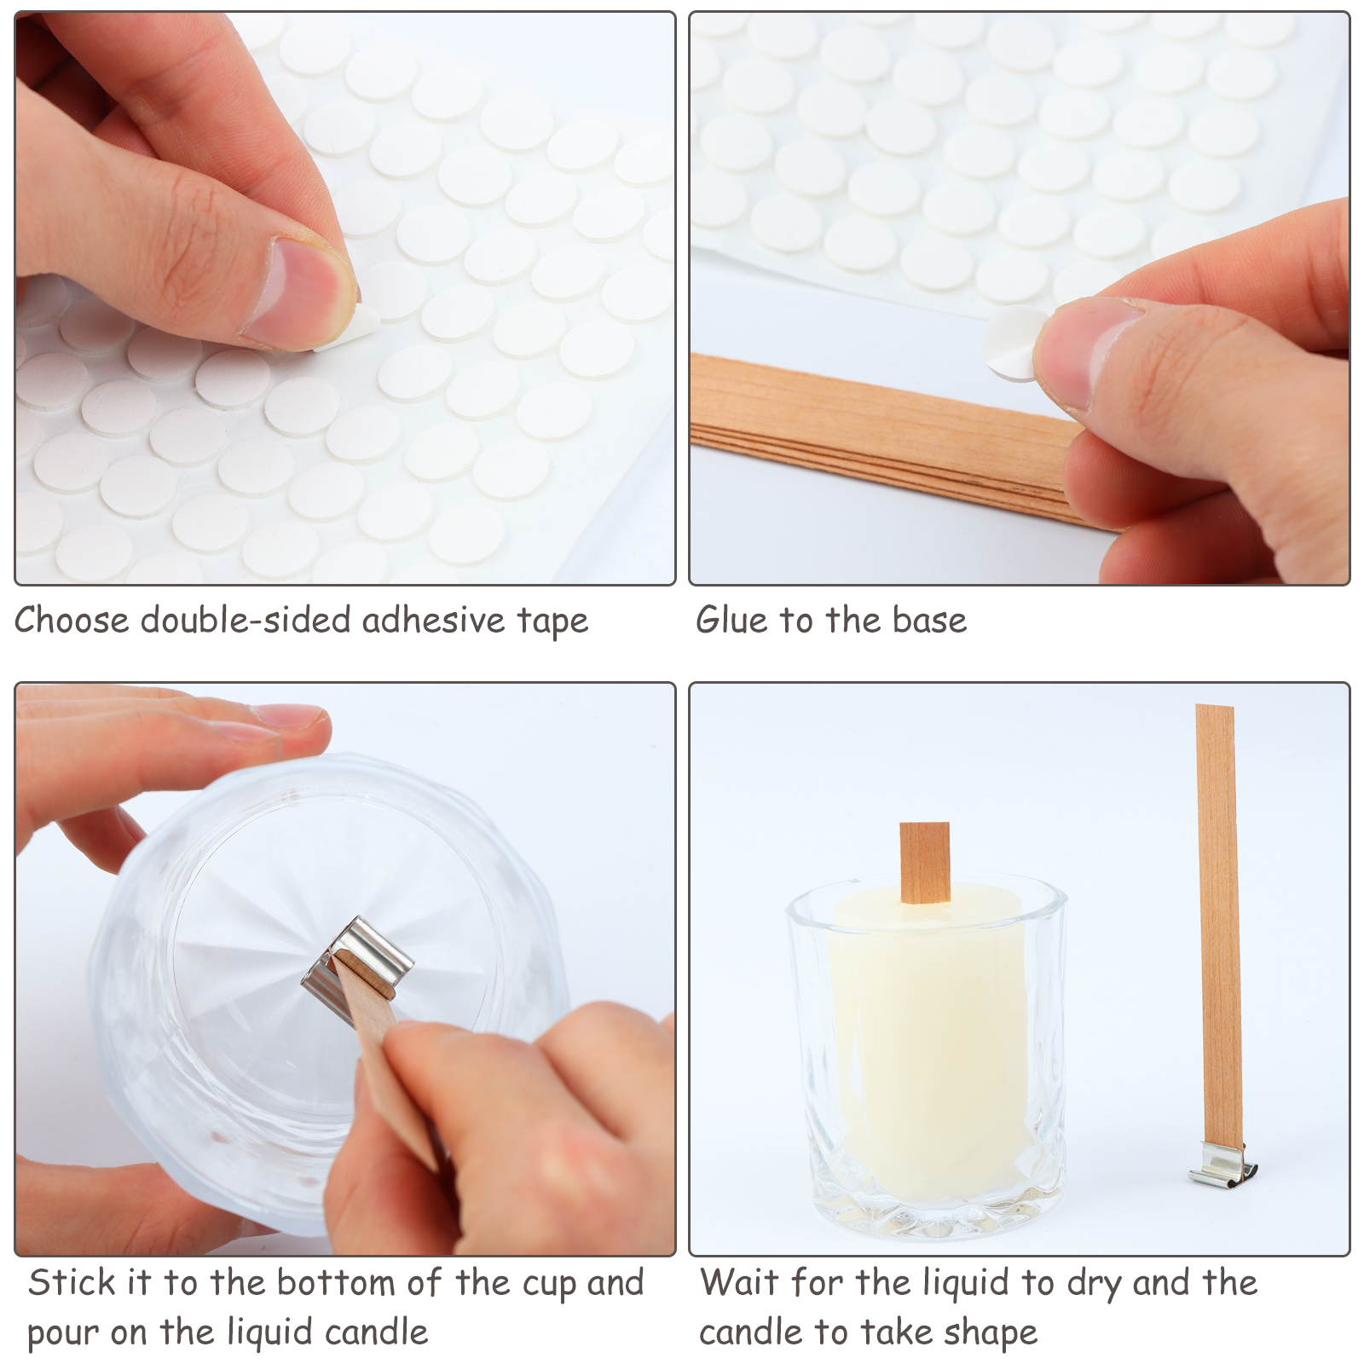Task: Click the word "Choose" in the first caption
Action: (x=72, y=620)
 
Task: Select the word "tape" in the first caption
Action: (x=552, y=621)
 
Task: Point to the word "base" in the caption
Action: (x=929, y=620)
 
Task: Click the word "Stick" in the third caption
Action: (x=72, y=1282)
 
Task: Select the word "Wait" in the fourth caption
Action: (x=739, y=1282)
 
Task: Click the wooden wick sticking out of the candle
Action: (x=924, y=862)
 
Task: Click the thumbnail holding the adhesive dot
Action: (x=1083, y=345)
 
